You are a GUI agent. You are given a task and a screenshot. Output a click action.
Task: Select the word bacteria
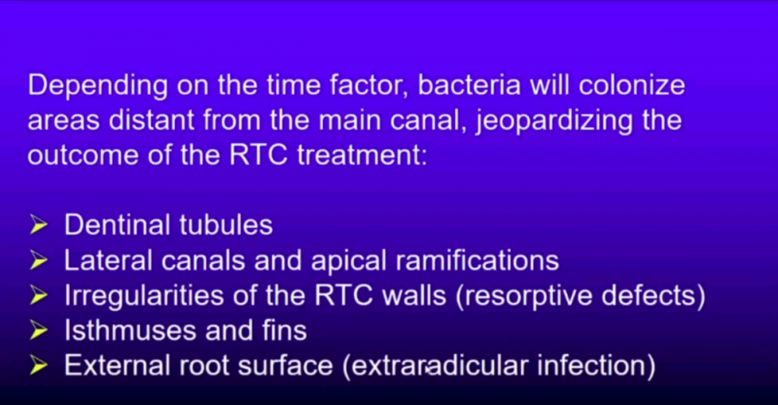point(469,85)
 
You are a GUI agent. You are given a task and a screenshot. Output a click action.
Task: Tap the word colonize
point(632,85)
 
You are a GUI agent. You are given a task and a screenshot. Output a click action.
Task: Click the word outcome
point(83,156)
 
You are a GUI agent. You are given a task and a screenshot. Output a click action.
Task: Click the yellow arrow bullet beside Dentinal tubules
point(39,225)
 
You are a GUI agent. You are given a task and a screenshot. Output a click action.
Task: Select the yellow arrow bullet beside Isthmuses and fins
point(39,331)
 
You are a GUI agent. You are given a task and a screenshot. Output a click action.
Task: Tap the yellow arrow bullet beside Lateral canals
point(39,260)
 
